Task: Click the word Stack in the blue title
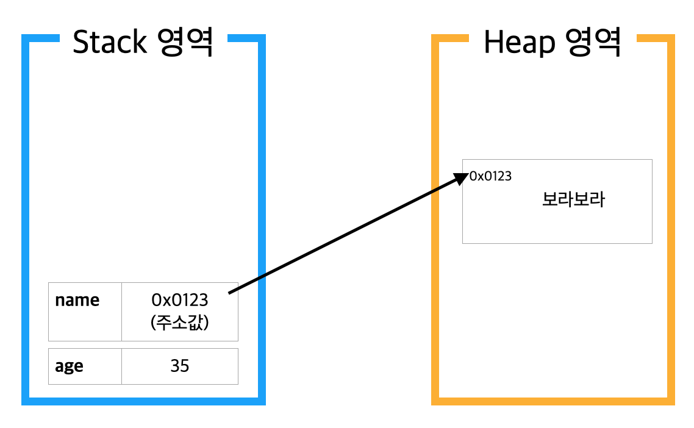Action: coord(110,43)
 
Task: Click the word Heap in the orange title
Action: coord(519,43)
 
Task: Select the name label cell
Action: coord(77,301)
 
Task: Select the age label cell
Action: coord(70,366)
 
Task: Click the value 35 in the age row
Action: coord(180,366)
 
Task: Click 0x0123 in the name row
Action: coord(180,300)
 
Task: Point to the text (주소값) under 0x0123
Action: coord(180,323)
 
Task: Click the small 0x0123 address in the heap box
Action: coord(490,177)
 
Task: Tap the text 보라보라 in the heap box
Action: coord(573,200)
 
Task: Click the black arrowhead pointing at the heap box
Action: coord(462,177)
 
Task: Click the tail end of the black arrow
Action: coord(231,293)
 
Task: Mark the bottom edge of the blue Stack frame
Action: coord(143,401)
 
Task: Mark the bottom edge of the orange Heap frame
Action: coord(553,401)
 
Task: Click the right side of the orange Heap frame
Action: coord(671,219)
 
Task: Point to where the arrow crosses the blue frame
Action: coord(262,277)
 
